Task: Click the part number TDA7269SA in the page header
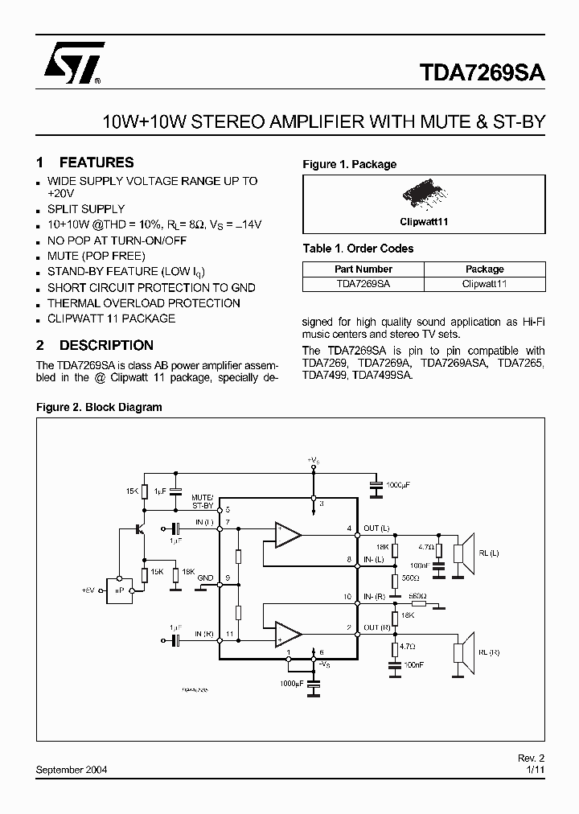[x=482, y=72]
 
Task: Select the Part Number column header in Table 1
[x=363, y=269]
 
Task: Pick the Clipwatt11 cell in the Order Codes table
[x=484, y=284]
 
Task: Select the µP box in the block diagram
[x=124, y=590]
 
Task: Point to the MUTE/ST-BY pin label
[x=203, y=503]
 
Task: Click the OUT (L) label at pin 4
[x=376, y=528]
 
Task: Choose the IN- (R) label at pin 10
[x=375, y=598]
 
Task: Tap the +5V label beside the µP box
[x=88, y=590]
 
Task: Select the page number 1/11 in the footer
[x=536, y=769]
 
